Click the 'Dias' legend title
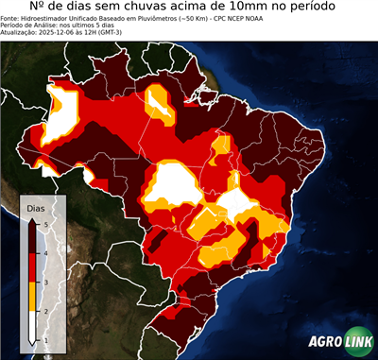(x=35, y=207)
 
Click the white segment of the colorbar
(x=32, y=326)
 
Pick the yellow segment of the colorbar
(x=32, y=296)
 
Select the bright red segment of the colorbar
(x=32, y=267)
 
